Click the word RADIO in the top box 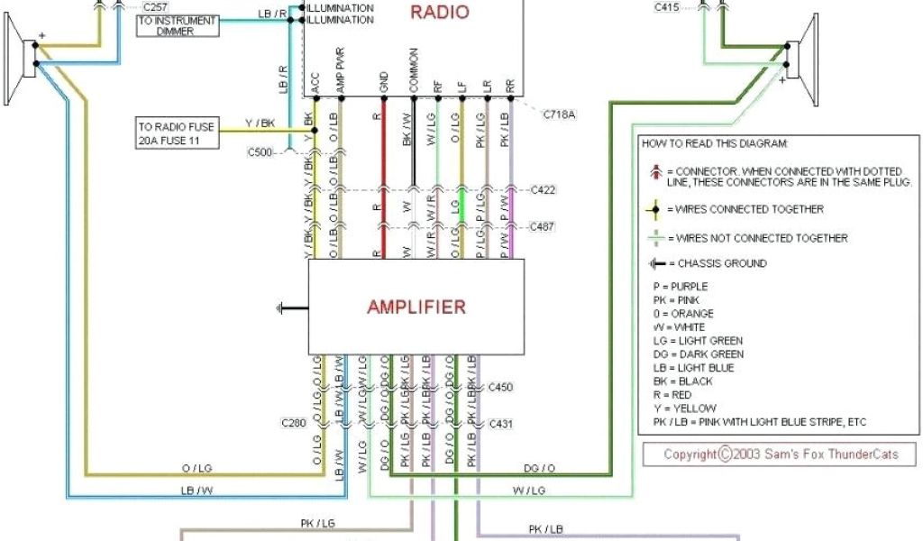pyautogui.click(x=440, y=12)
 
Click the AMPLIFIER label pyautogui.click(x=416, y=307)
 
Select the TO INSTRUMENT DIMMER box pyautogui.click(x=178, y=25)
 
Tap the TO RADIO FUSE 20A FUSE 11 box pyautogui.click(x=178, y=133)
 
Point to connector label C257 pyautogui.click(x=155, y=7)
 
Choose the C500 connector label pyautogui.click(x=260, y=152)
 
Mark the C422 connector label pyautogui.click(x=544, y=189)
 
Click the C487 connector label pyautogui.click(x=544, y=225)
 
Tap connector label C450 pyautogui.click(x=500, y=387)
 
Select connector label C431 pyautogui.click(x=500, y=422)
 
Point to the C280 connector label pyautogui.click(x=294, y=422)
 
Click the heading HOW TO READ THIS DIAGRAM pyautogui.click(x=714, y=143)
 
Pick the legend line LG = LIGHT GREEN pyautogui.click(x=698, y=341)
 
